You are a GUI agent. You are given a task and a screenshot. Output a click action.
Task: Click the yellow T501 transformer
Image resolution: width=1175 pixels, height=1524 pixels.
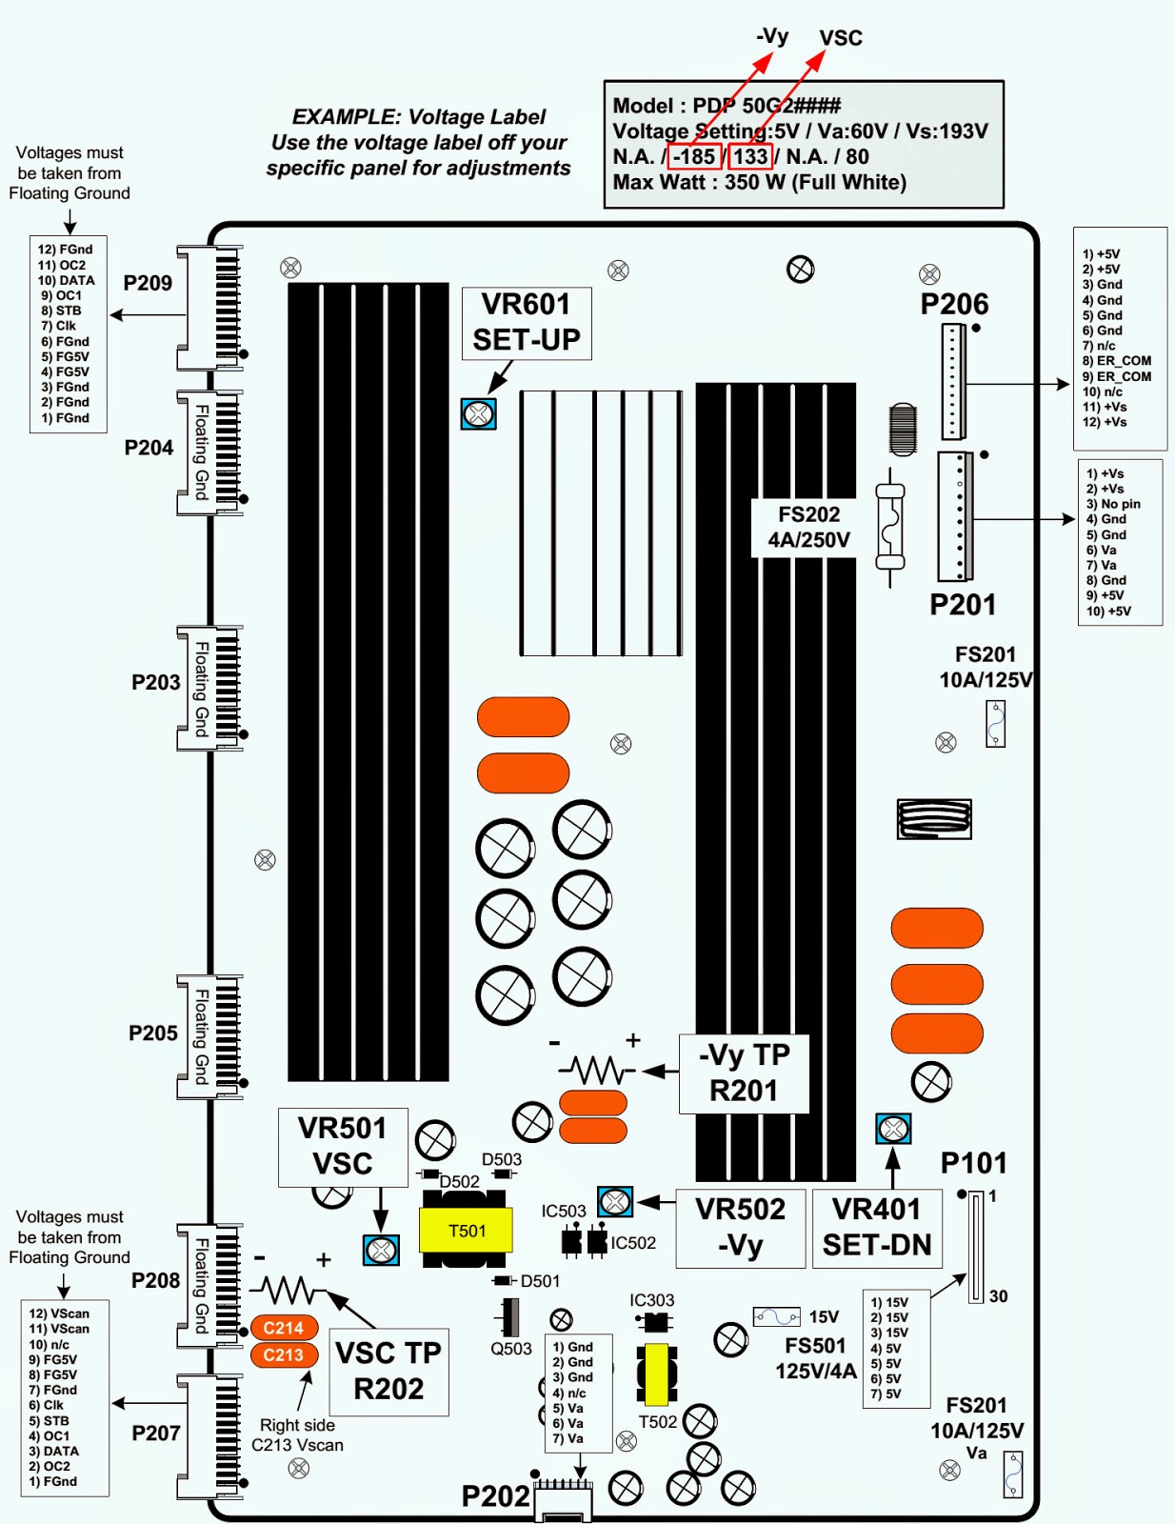coord(466,1231)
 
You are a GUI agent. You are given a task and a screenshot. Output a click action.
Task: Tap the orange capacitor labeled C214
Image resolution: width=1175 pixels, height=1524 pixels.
coord(284,1327)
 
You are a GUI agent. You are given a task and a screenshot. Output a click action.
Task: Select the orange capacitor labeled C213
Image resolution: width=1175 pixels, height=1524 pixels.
coord(284,1354)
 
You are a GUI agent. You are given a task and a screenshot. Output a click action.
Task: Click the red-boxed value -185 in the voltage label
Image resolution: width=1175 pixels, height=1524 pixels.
coord(694,156)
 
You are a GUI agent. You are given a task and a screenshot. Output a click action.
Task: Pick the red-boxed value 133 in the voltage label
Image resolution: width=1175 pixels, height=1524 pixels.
coord(750,156)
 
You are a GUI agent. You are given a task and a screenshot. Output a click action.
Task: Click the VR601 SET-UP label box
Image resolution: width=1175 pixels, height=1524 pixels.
coord(527,323)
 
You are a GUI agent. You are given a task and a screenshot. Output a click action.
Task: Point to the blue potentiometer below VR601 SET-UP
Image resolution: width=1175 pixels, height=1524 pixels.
coord(478,413)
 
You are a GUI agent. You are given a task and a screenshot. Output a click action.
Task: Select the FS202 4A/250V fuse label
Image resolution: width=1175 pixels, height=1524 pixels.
coord(808,527)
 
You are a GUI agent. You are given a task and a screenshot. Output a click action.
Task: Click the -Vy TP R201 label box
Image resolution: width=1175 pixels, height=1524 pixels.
coord(744,1073)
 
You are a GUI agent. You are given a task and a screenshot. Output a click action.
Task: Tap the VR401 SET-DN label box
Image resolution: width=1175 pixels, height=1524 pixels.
coord(877,1227)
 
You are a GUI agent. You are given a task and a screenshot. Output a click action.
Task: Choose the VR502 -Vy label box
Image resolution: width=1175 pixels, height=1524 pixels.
coord(740,1227)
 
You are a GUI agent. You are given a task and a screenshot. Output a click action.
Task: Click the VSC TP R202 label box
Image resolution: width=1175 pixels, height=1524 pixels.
coord(388,1371)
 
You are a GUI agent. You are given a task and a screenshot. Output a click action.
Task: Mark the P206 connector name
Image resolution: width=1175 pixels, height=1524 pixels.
coord(954,304)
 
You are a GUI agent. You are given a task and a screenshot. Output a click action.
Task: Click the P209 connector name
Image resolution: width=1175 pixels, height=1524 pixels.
coord(148,283)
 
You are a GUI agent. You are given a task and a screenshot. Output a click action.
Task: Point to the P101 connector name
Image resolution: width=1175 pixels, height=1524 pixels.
coord(973,1163)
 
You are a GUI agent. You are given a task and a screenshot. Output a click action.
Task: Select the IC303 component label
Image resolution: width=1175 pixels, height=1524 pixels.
coord(651,1300)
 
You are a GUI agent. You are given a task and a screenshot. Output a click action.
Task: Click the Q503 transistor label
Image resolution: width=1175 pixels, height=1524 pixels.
coord(511,1348)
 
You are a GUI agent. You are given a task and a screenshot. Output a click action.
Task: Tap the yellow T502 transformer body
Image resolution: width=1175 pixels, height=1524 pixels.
coord(656,1374)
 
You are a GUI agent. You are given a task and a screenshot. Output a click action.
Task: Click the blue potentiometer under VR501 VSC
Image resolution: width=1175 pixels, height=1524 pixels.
coord(381,1250)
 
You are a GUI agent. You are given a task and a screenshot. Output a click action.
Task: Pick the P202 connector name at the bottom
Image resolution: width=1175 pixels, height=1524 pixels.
coord(495,1496)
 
